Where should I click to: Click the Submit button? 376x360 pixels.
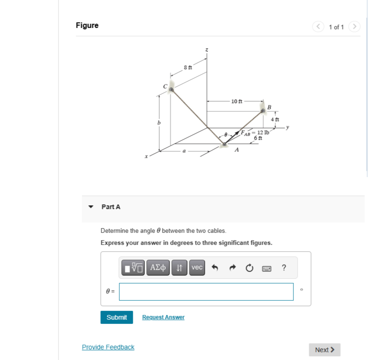coord(117,317)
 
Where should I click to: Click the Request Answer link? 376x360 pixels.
coord(163,317)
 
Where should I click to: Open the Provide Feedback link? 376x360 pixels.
coord(108,347)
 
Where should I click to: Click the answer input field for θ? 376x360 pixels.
coord(206,292)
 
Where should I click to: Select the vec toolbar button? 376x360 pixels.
coord(197,268)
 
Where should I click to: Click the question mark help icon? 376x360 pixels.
coord(284,268)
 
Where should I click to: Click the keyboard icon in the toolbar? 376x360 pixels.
coord(266,268)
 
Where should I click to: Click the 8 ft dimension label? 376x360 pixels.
coord(188,68)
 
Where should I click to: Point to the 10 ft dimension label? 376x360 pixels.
coord(236,101)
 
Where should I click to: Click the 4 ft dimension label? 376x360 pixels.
coord(275,119)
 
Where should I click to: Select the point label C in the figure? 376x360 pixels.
coord(165,86)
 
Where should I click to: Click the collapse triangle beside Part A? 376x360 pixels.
coord(91,207)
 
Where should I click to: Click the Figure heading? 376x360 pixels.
coord(87,26)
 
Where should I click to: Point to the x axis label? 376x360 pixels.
coord(146,157)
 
